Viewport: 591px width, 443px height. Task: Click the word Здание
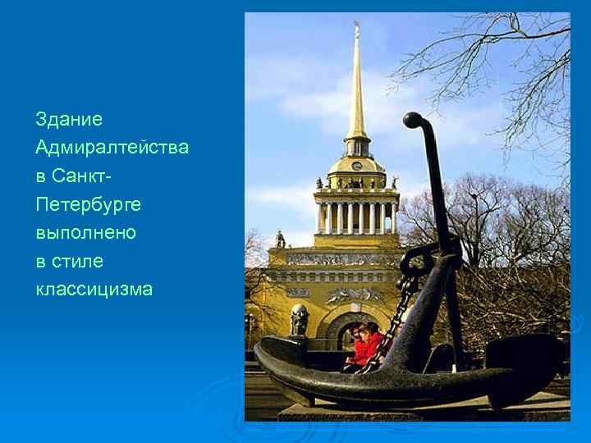69,120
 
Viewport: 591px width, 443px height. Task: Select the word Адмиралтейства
112,148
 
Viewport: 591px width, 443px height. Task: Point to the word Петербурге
88,204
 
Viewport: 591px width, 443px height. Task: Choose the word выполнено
85,233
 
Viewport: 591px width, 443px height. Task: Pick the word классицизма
94,290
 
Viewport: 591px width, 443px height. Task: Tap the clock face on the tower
357,165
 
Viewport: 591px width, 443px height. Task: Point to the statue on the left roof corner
280,238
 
